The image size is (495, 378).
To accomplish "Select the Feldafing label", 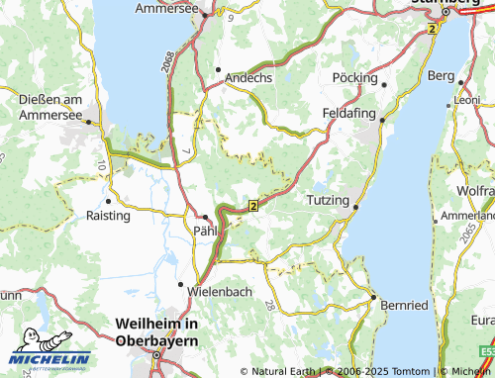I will click(349, 113).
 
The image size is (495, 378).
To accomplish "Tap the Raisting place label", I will click(108, 215).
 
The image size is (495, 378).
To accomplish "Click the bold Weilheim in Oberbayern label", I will click(156, 331).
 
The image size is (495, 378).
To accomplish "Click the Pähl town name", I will click(201, 231).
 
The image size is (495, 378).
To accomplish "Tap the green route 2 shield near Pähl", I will click(253, 205).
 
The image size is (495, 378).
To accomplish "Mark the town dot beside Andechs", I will click(218, 70).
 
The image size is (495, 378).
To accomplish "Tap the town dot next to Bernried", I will click(373, 297).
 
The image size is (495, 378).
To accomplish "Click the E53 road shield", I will click(485, 352).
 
